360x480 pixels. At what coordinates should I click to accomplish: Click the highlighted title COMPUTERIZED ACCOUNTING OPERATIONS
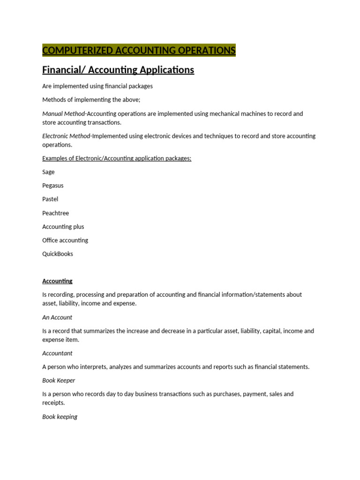(x=139, y=51)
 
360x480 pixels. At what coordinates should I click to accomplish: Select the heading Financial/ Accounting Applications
(x=118, y=70)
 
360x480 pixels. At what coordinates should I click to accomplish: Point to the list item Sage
(x=48, y=172)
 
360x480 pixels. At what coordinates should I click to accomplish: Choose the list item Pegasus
(x=52, y=186)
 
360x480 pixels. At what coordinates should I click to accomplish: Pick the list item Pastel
(x=50, y=199)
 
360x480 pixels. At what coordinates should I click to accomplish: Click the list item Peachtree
(x=55, y=213)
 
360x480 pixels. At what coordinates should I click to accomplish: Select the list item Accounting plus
(x=63, y=226)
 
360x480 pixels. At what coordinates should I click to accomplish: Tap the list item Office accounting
(x=65, y=240)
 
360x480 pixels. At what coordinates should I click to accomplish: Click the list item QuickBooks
(x=58, y=254)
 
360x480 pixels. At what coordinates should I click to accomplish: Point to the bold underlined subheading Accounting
(x=57, y=281)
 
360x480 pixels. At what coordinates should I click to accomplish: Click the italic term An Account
(x=57, y=317)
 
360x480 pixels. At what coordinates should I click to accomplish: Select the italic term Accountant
(x=57, y=353)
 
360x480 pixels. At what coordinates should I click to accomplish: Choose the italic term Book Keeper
(x=59, y=381)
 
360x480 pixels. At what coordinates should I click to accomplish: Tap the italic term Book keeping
(x=60, y=417)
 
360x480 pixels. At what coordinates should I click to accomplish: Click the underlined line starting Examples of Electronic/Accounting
(x=117, y=158)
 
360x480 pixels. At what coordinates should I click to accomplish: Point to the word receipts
(x=53, y=403)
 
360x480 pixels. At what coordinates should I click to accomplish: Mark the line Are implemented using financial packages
(x=97, y=86)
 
